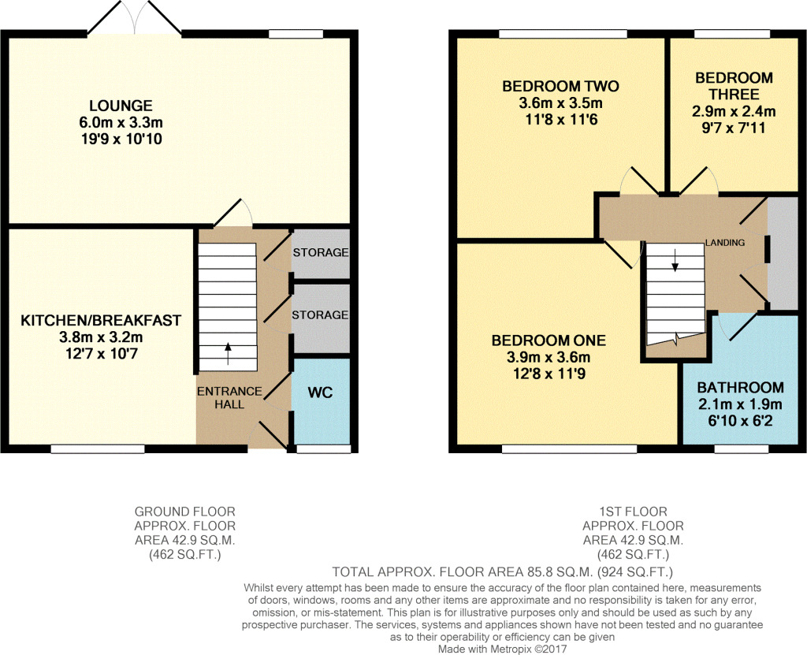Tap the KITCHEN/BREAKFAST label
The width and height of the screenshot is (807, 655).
(x=101, y=320)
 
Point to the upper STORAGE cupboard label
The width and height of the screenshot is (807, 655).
(x=320, y=253)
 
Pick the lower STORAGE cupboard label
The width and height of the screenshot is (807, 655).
(x=320, y=314)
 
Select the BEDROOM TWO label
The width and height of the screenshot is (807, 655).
(x=560, y=86)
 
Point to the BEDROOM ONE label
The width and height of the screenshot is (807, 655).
(x=549, y=341)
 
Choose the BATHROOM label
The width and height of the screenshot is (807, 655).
(x=740, y=387)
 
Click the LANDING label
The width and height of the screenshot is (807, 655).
(x=725, y=243)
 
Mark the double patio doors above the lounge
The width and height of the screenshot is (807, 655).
(x=135, y=19)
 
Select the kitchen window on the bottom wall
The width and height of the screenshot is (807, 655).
(x=98, y=449)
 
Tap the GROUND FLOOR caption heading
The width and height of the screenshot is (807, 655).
(x=184, y=512)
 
